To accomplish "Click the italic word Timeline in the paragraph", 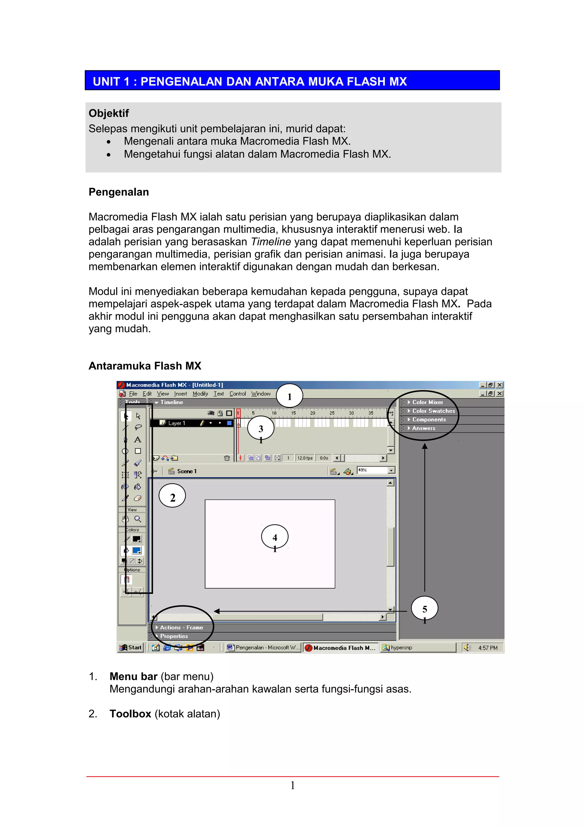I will (271, 242).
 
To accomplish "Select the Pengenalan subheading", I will (119, 192).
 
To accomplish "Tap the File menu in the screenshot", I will (133, 394).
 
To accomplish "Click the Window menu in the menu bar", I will (261, 394).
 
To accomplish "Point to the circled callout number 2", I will (172, 497).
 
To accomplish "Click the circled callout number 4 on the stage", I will (275, 537).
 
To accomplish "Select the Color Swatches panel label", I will (433, 411).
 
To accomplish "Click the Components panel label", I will (429, 419).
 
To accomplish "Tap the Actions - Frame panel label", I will (181, 628).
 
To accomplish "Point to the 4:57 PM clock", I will (487, 648).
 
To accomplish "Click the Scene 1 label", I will (186, 471).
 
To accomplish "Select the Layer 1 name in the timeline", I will (176, 423).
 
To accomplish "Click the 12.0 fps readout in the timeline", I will (304, 458).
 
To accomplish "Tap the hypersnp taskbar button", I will (401, 648).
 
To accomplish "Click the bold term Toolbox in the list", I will (130, 714).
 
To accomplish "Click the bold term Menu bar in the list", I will (133, 676).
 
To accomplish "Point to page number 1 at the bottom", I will (293, 786).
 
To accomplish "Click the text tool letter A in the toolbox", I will (138, 440).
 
